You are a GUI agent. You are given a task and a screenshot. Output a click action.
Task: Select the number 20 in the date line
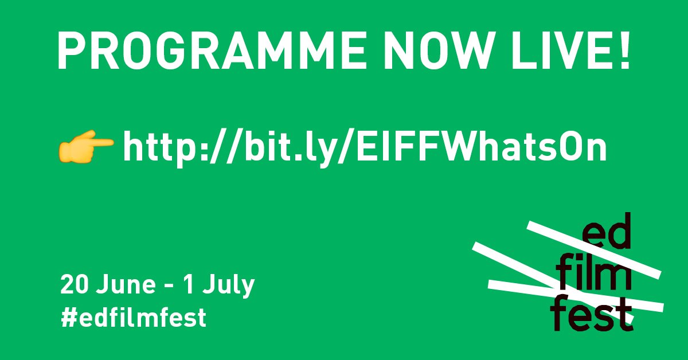pos(73,285)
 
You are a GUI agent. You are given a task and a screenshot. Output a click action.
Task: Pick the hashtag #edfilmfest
pos(133,317)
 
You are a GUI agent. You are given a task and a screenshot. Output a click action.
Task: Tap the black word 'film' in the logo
pos(595,277)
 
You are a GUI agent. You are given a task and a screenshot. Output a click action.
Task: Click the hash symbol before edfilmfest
pos(67,317)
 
